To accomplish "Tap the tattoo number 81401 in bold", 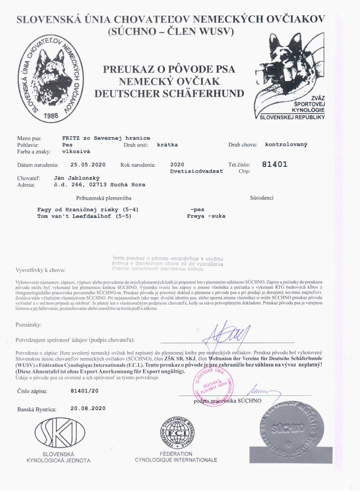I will (x=274, y=164).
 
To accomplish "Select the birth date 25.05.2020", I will (x=87, y=165).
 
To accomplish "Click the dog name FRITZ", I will (x=72, y=138).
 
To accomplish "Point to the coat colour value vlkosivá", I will (x=77, y=151).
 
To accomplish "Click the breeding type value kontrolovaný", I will (x=286, y=144).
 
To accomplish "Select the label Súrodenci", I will (x=262, y=198).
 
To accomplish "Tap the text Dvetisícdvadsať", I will (x=197, y=172).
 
